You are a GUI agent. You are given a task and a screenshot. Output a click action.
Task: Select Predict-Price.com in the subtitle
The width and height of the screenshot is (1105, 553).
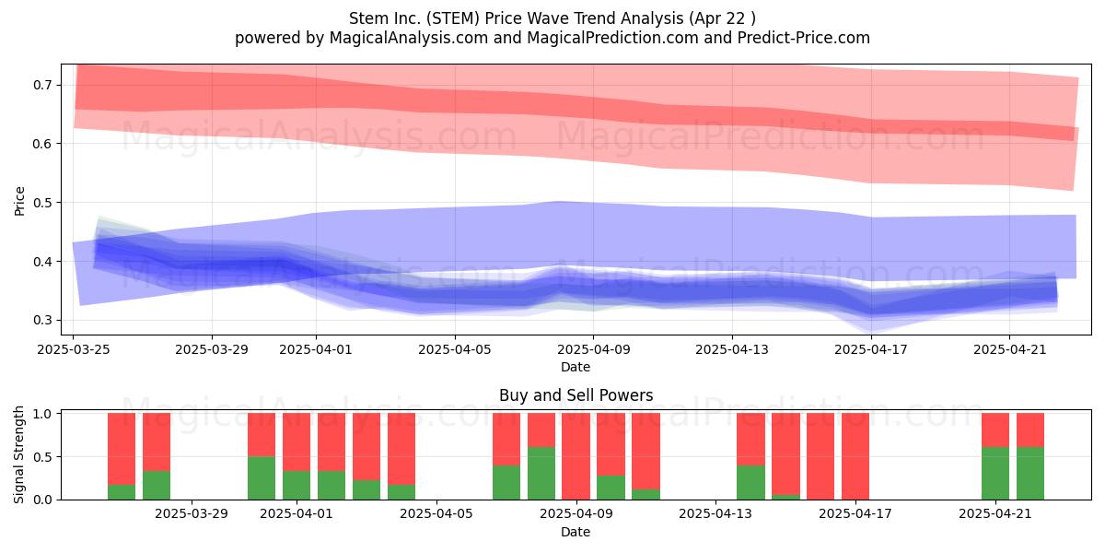(x=804, y=38)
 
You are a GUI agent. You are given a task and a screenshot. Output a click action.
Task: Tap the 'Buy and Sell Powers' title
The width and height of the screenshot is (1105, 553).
(x=576, y=395)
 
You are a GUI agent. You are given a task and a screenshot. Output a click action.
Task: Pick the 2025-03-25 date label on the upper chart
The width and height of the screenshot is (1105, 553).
(x=74, y=349)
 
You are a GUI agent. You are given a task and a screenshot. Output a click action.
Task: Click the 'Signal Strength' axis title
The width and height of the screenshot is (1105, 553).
(x=18, y=454)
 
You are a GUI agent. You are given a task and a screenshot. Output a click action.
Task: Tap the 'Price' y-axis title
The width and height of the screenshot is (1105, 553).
(x=19, y=201)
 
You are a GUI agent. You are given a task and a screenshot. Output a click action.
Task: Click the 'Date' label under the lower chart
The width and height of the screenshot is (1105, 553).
(x=576, y=532)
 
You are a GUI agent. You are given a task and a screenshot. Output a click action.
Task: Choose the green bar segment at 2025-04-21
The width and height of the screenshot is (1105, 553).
(x=995, y=473)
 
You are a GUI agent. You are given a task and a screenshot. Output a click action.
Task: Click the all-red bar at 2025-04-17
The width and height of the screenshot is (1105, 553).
(x=855, y=456)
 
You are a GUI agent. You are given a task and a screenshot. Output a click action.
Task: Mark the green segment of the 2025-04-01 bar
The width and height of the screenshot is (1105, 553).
(x=297, y=486)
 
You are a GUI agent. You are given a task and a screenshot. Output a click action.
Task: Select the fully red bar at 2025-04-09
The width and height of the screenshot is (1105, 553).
(x=576, y=456)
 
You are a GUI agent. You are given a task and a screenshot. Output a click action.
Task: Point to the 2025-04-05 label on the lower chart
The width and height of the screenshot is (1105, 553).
(x=436, y=514)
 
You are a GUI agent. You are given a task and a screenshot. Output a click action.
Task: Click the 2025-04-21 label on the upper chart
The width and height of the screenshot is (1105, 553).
(x=1010, y=349)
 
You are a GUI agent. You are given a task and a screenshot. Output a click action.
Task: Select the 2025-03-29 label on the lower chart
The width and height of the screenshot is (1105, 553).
(x=192, y=514)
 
